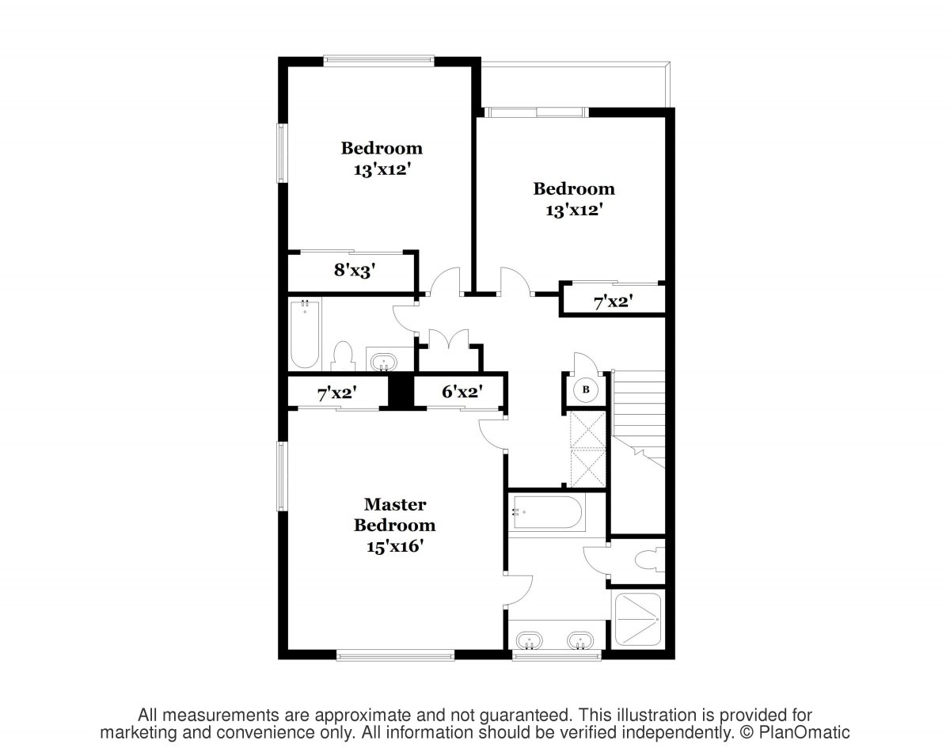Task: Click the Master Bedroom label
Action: [395, 514]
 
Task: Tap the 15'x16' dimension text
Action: [395, 547]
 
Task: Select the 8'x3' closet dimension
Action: [355, 270]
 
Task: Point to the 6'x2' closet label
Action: [462, 391]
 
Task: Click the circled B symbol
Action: [586, 389]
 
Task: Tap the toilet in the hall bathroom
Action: [343, 356]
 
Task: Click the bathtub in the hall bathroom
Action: [305, 335]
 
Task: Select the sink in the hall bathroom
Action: [384, 363]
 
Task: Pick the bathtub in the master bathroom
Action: [546, 513]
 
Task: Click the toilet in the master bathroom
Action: [649, 560]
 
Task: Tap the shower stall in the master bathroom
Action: [638, 618]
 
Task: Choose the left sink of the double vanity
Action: [529, 640]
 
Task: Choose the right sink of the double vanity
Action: [579, 640]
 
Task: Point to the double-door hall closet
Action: [449, 351]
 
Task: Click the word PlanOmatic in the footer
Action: [804, 732]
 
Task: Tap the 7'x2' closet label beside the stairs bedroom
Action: [614, 302]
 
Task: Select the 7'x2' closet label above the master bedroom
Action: [337, 393]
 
